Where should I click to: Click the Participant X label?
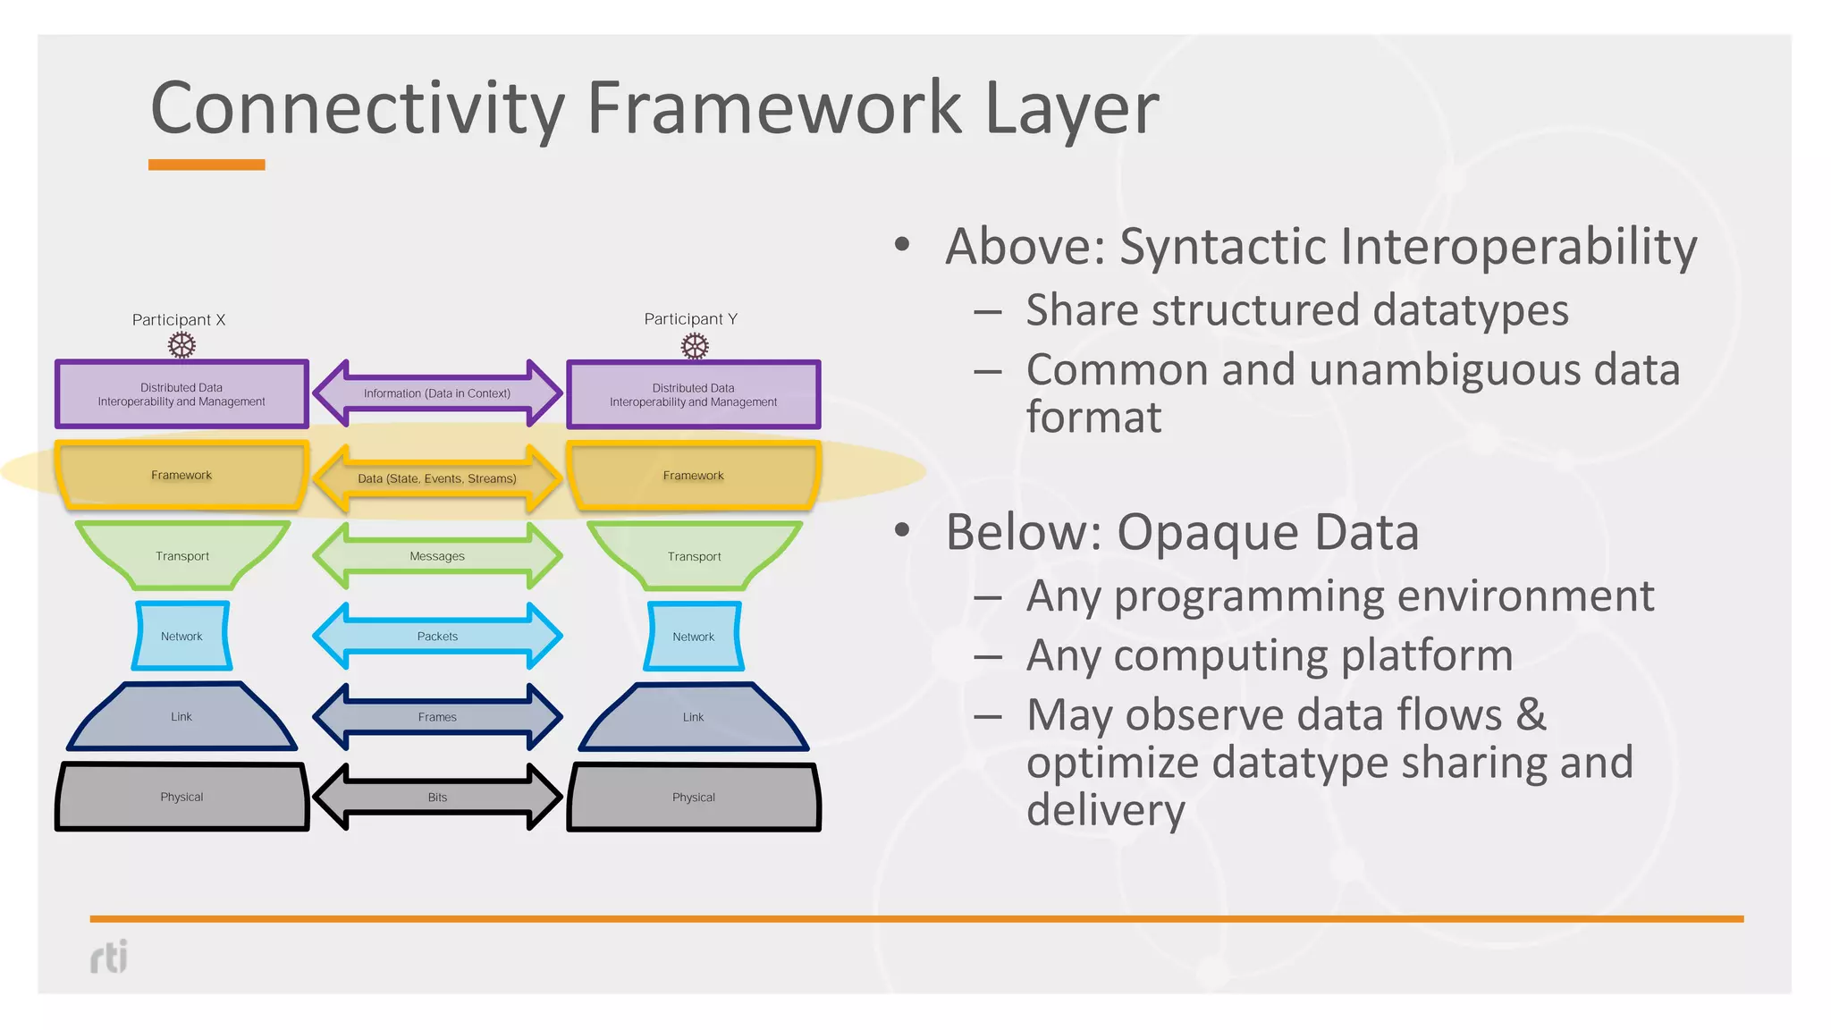click(179, 320)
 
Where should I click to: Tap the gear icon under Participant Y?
click(695, 346)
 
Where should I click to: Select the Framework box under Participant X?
click(181, 475)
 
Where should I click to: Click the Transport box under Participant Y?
click(694, 556)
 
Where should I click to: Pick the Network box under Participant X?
click(181, 637)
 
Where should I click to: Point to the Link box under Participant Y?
click(693, 717)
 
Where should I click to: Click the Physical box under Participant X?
click(181, 797)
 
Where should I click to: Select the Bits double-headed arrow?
click(437, 797)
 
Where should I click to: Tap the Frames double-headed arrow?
click(437, 717)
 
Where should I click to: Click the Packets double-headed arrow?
click(437, 637)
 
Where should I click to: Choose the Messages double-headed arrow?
click(437, 556)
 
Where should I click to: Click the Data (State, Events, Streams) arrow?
click(437, 479)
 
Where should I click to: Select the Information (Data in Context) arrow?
click(437, 393)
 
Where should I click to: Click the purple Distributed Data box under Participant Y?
click(693, 395)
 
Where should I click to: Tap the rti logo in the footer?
click(109, 957)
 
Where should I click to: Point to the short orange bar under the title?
click(207, 165)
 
